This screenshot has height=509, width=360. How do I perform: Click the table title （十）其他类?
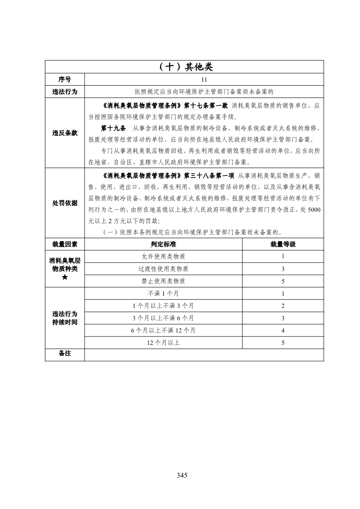point(184,67)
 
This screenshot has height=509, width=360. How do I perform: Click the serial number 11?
point(204,80)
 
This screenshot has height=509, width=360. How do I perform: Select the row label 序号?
point(65,80)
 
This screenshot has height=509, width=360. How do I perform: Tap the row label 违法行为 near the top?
point(65,91)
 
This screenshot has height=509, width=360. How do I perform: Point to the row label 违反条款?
point(65,133)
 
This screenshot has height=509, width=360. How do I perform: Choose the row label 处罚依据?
point(65,203)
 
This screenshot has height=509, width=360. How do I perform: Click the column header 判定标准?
point(163,244)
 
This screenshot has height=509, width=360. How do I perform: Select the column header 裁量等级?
point(283,244)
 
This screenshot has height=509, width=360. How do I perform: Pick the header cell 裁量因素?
point(65,244)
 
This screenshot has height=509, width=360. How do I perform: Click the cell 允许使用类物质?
point(163,256)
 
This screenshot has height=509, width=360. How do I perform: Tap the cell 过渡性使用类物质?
point(163,269)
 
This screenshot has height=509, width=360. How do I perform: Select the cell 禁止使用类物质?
point(163,281)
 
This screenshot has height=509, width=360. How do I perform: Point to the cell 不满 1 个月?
point(163,293)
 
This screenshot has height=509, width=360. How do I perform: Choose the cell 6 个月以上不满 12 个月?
point(163,330)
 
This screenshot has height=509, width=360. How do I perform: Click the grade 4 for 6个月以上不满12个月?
point(283,330)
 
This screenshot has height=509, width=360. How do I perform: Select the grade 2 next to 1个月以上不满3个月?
point(283,306)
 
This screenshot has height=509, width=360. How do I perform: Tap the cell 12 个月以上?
point(163,343)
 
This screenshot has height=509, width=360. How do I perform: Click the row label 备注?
point(65,354)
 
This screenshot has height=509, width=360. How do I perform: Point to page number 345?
point(182,475)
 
